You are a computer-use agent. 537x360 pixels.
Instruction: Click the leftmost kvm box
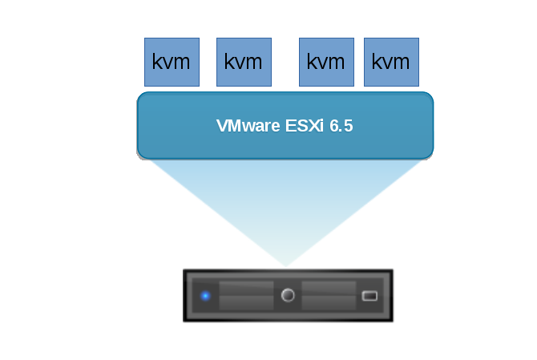pyautogui.click(x=172, y=62)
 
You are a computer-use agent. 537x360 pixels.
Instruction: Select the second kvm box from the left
pyautogui.click(x=244, y=62)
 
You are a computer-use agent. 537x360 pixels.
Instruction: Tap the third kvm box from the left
pyautogui.click(x=326, y=62)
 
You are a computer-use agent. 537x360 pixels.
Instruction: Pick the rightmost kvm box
pyautogui.click(x=391, y=62)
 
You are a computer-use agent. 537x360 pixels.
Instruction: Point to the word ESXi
pyautogui.click(x=303, y=127)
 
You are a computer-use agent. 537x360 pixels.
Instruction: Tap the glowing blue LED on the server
pyautogui.click(x=205, y=296)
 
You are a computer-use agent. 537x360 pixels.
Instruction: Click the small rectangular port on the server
pyautogui.click(x=369, y=296)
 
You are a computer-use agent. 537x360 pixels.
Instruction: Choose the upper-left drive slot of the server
pyautogui.click(x=246, y=288)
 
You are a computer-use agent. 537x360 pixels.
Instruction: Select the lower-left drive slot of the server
pyautogui.click(x=246, y=303)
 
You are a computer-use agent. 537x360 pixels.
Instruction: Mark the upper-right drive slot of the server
pyautogui.click(x=329, y=288)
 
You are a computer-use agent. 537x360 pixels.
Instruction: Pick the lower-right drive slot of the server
pyautogui.click(x=329, y=303)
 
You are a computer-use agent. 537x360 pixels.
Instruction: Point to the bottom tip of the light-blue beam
pyautogui.click(x=286, y=265)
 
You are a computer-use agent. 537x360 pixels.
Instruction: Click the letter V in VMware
pyautogui.click(x=222, y=127)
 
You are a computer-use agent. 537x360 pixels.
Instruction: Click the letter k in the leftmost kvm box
pyautogui.click(x=157, y=62)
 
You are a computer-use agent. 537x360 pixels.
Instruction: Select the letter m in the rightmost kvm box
pyautogui.click(x=402, y=62)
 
